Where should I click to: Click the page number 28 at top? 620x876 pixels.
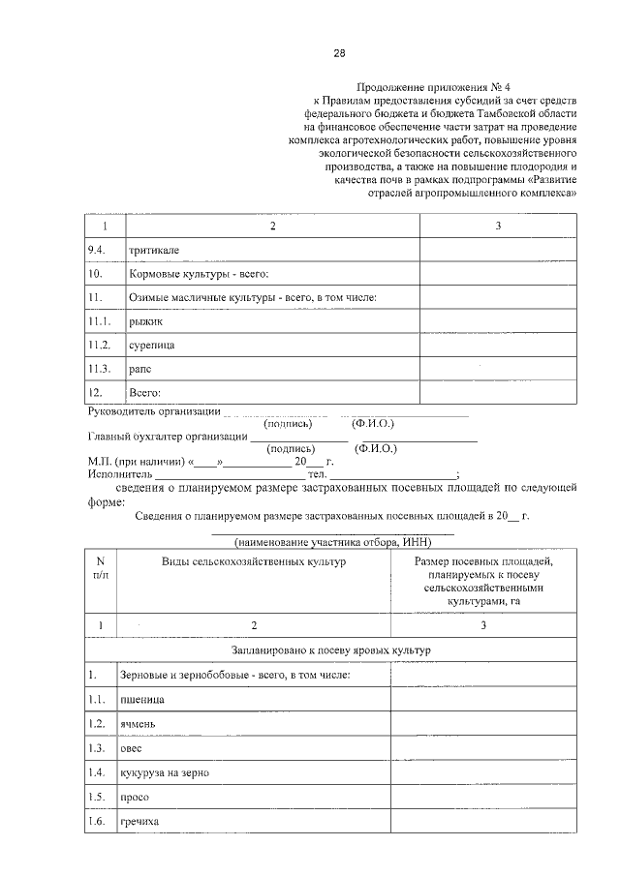[339, 52]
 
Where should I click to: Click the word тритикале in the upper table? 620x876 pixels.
[153, 250]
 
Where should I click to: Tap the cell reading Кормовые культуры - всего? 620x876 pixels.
[191, 274]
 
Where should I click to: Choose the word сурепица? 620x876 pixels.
[151, 345]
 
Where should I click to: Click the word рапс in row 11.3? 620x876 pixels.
[140, 369]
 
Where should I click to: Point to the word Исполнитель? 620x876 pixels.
[119, 474]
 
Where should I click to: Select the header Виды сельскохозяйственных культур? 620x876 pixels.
[253, 561]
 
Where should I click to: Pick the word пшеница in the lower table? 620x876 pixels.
[141, 698]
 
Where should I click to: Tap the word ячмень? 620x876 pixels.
[139, 723]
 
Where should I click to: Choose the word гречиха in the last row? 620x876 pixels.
[139, 822]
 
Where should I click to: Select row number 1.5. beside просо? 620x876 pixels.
[96, 797]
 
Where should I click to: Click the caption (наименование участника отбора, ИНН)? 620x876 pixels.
[332, 541]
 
